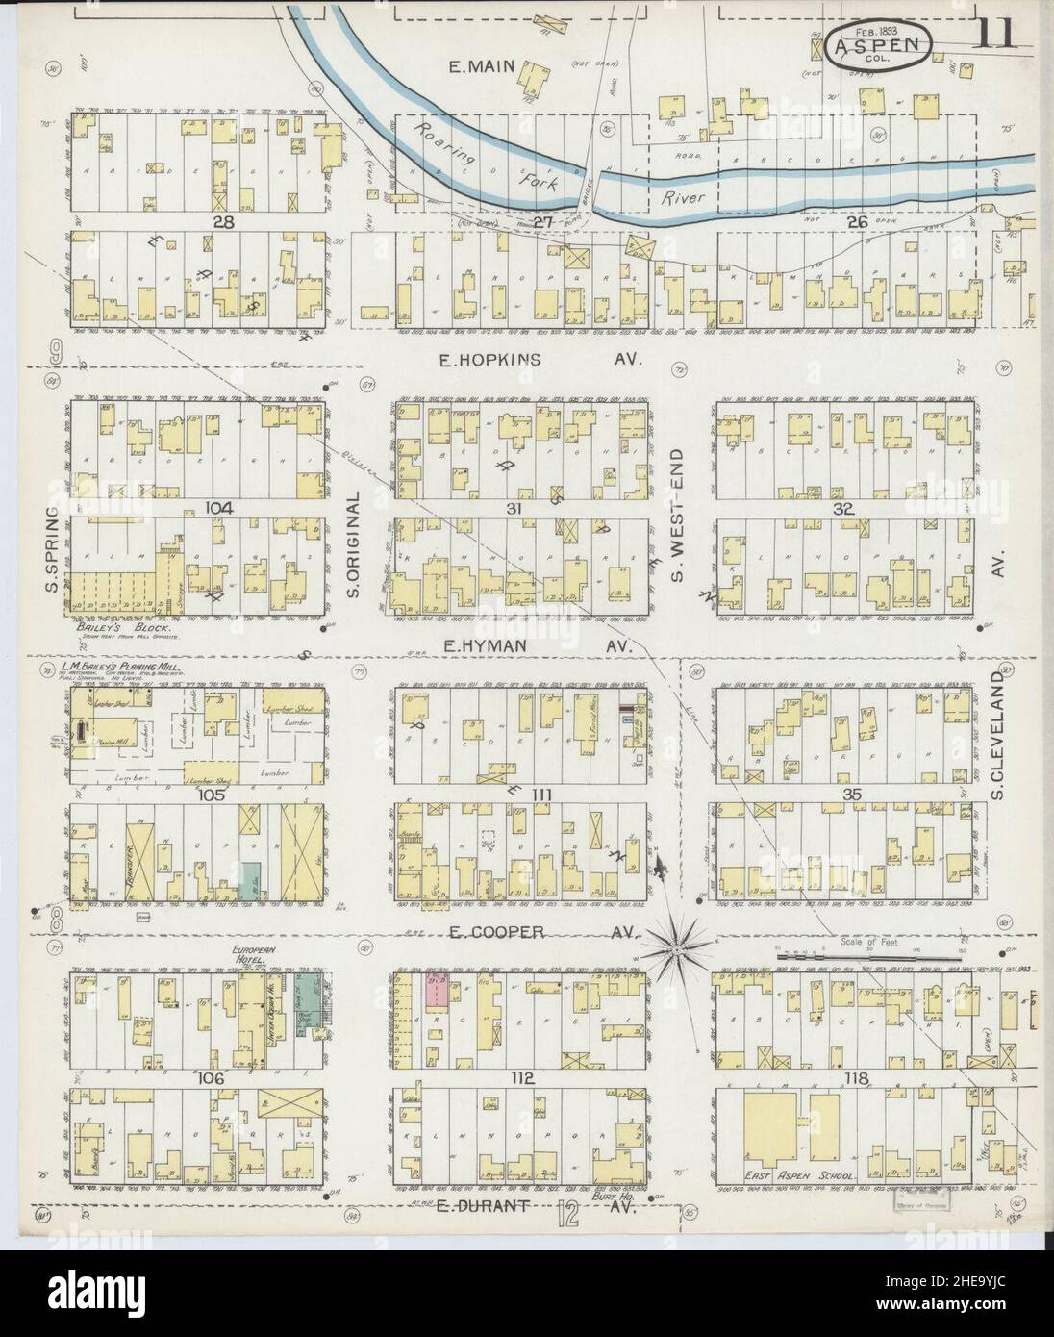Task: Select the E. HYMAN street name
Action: [489, 647]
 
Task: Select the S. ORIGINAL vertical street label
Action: [352, 544]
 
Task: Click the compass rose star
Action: [678, 950]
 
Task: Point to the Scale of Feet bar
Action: [870, 956]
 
